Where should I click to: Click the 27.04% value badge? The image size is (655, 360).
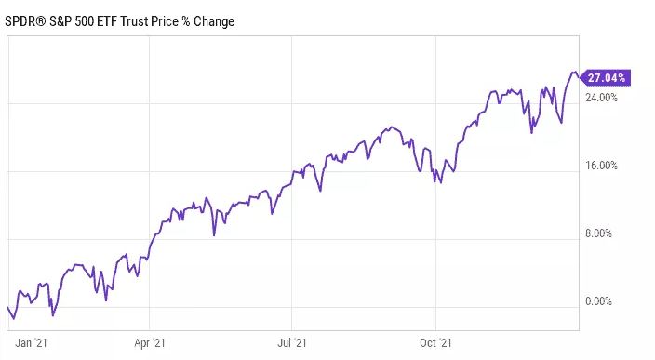(606, 77)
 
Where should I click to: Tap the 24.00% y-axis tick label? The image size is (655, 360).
(601, 98)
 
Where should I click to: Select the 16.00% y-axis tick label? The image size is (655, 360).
(601, 166)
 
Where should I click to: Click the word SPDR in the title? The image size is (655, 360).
(24, 20)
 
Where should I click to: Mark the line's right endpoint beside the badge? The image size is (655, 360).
(578, 74)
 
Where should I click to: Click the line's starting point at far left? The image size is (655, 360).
(7, 307)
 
